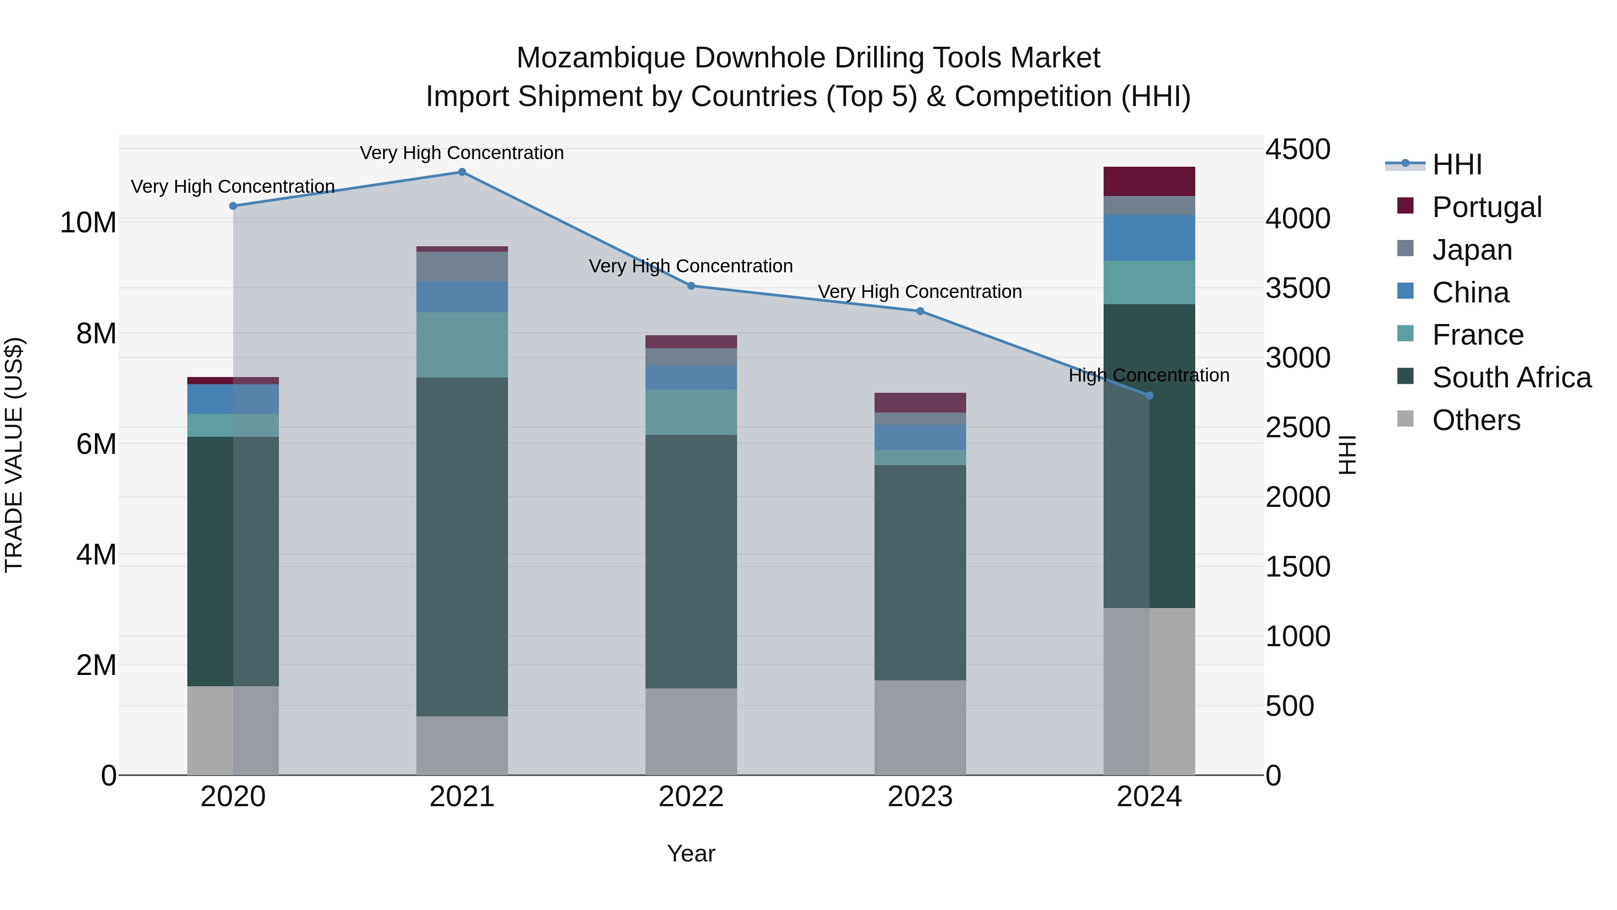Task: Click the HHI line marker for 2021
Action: (x=462, y=172)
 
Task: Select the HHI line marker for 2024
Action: (x=1149, y=395)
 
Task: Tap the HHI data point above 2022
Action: (x=691, y=286)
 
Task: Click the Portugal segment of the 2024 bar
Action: (x=1149, y=182)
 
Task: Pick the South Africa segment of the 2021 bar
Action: (x=462, y=546)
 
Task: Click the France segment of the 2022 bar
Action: (x=691, y=412)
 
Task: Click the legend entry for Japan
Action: (x=1472, y=250)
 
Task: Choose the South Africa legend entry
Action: (x=1511, y=377)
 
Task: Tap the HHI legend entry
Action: (x=1456, y=164)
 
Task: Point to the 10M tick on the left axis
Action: (x=88, y=222)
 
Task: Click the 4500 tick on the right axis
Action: (x=1298, y=150)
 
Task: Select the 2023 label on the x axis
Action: (x=920, y=797)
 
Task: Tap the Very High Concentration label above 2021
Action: (x=462, y=153)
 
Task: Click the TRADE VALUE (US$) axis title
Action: (x=14, y=455)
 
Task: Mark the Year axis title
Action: (x=691, y=853)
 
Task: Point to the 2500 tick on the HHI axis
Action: (x=1298, y=428)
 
